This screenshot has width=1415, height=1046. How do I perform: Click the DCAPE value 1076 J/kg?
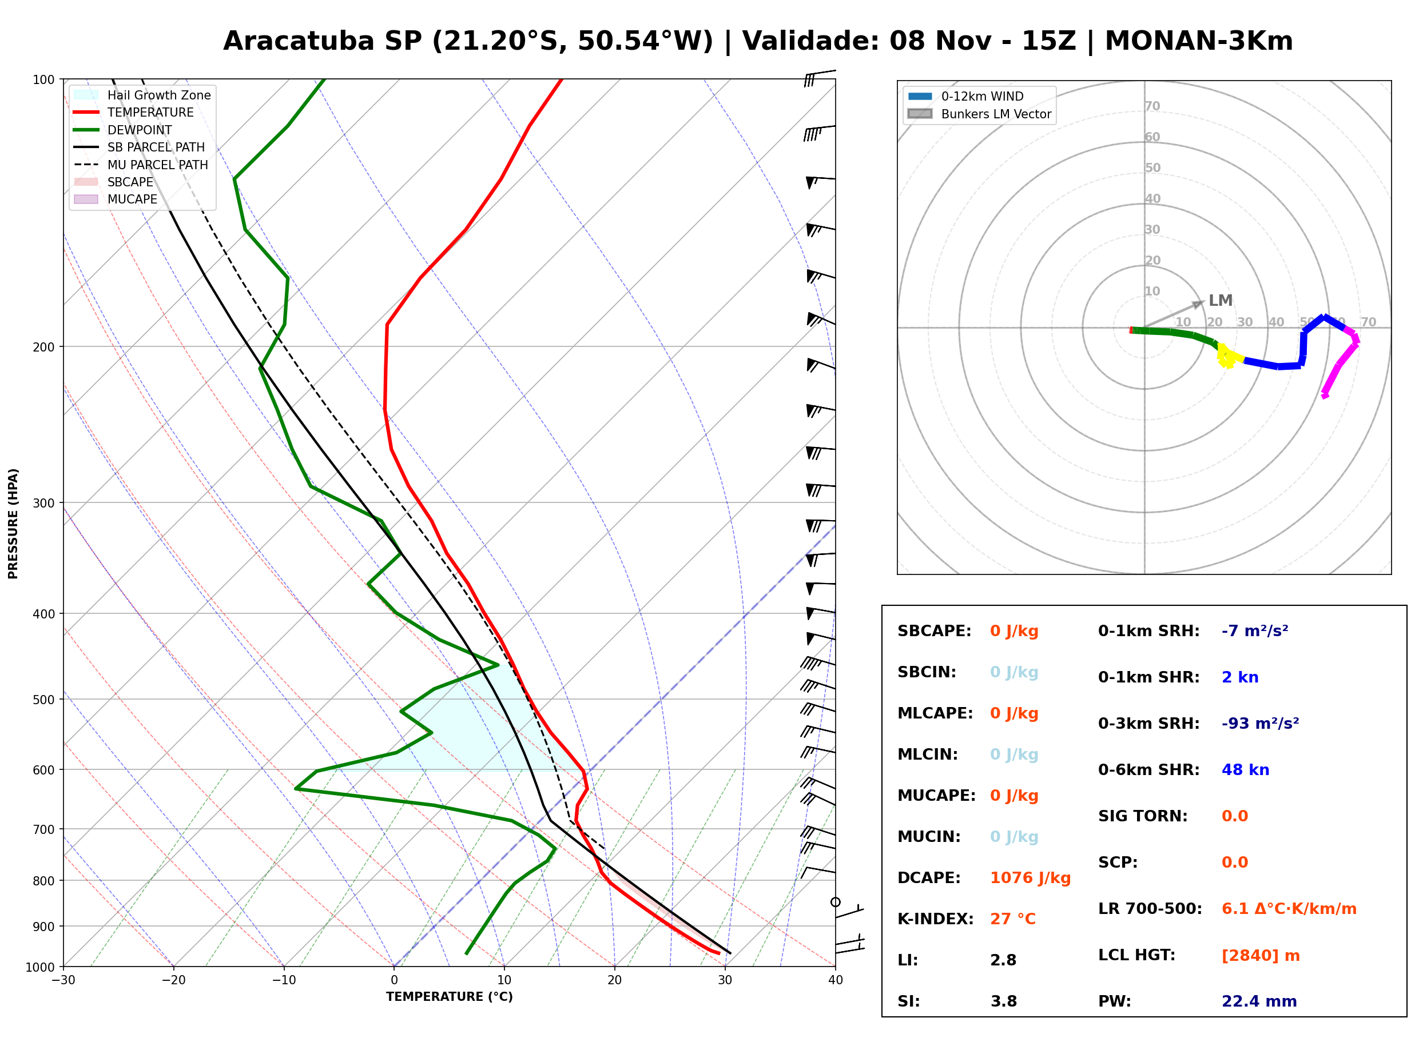click(x=1030, y=877)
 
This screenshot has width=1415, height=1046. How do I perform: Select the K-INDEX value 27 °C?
click(x=1013, y=919)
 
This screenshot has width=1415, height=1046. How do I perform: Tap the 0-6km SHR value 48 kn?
click(x=1245, y=770)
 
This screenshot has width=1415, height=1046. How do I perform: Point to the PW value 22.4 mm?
click(x=1259, y=1001)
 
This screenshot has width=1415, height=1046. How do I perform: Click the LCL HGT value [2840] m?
click(x=1261, y=956)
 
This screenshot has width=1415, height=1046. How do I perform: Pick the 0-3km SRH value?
click(x=1261, y=723)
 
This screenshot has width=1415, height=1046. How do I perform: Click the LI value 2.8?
click(x=1003, y=960)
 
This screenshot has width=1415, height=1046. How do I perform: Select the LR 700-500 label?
click(x=1150, y=909)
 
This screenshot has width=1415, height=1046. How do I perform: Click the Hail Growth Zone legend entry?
click(x=142, y=95)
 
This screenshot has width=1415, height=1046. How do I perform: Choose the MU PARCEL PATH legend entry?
click(x=141, y=165)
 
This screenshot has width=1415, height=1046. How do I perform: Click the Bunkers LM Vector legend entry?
click(x=979, y=114)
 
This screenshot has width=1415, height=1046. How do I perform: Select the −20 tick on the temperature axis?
click(x=173, y=980)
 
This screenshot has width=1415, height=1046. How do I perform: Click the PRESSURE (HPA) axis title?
click(x=13, y=524)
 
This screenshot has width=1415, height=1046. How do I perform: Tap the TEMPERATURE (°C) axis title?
click(x=450, y=997)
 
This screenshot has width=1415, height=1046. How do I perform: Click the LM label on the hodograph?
click(x=1220, y=300)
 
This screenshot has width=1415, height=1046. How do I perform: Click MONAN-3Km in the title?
click(x=1198, y=41)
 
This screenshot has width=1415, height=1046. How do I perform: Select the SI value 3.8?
click(x=1003, y=1001)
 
